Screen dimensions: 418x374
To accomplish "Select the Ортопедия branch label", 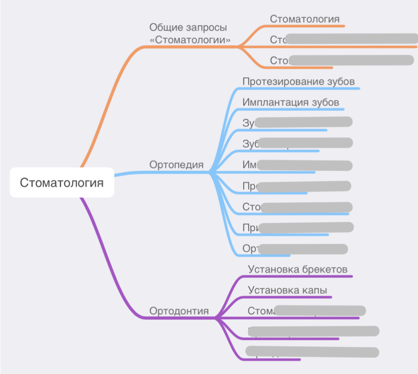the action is (x=177, y=165).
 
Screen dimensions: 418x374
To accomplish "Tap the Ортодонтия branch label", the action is (x=179, y=311).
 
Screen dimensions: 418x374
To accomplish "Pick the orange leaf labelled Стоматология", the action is (x=305, y=19).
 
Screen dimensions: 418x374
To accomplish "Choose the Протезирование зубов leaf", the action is (x=299, y=81).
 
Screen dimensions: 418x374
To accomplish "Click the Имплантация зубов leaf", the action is (x=291, y=102).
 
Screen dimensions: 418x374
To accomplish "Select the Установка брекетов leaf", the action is (x=298, y=269).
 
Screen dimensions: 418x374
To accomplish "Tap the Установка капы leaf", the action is (x=287, y=290).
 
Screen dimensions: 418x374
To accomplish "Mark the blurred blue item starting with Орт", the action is (x=295, y=249).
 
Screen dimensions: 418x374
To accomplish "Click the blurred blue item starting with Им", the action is (x=297, y=165).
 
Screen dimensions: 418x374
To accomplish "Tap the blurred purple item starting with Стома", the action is (x=306, y=311).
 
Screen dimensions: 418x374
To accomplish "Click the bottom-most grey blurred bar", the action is (x=312, y=352).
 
